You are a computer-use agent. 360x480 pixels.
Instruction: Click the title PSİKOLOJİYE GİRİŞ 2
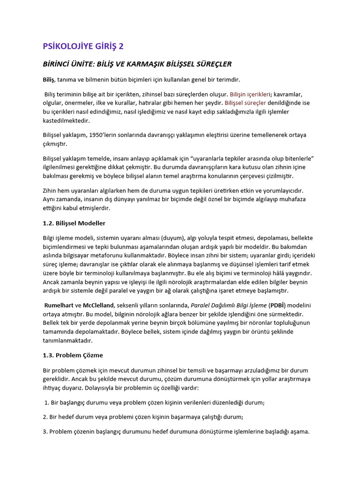[83, 46]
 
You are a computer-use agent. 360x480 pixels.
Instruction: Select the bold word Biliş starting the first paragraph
[48, 80]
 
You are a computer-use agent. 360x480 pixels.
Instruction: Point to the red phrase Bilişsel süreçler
[246, 103]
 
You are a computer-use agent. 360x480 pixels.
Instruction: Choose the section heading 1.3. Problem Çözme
[73, 355]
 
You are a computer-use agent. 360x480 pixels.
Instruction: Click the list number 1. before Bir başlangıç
[47, 403]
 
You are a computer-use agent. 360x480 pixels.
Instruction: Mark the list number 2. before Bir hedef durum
[45, 417]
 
